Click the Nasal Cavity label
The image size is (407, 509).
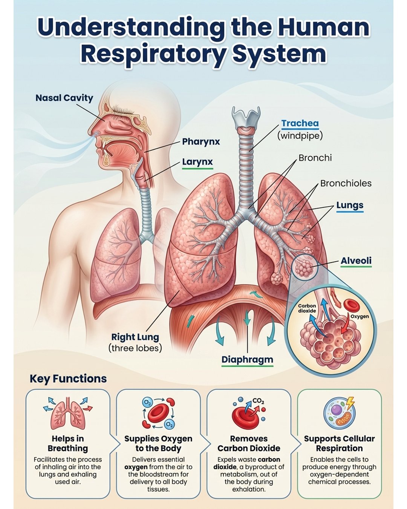(64, 98)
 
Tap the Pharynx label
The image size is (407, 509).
(201, 142)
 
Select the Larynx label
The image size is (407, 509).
(197, 162)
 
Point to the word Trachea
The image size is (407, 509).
(300, 123)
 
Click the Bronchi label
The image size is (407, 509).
(315, 158)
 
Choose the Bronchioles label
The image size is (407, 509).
(346, 183)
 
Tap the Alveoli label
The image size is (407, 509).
(356, 261)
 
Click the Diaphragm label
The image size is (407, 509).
(247, 359)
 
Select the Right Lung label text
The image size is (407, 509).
(135, 337)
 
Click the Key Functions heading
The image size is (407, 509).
(68, 379)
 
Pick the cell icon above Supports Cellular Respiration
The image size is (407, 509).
(339, 412)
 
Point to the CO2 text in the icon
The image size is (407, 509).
(258, 401)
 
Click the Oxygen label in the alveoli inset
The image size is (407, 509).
(360, 316)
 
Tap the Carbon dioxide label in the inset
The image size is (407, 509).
(307, 308)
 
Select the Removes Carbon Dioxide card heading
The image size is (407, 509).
(249, 443)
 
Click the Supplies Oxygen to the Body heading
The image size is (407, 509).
(158, 443)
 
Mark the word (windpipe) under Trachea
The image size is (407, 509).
(300, 135)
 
